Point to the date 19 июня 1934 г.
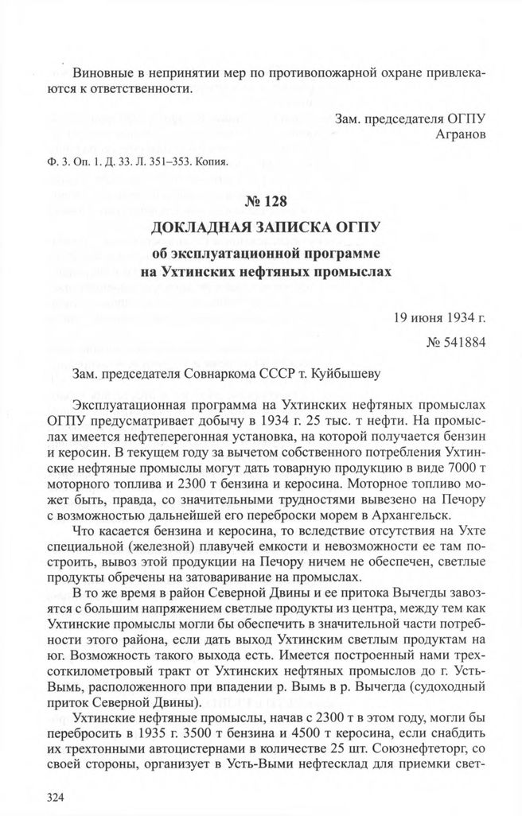coord(439,320)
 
